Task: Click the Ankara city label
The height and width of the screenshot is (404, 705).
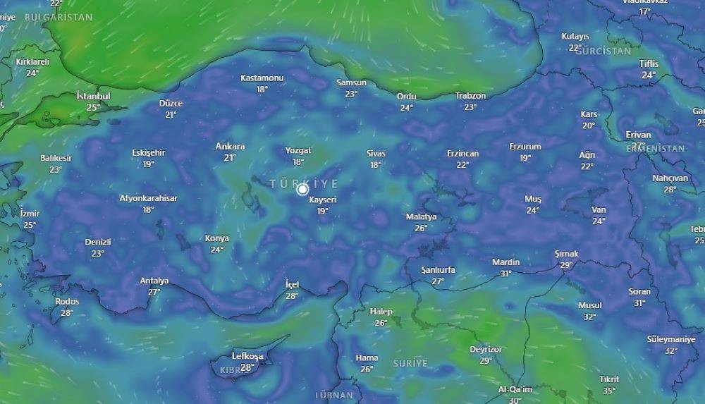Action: pyautogui.click(x=230, y=147)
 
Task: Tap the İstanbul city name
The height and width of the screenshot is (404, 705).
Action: pyautogui.click(x=93, y=96)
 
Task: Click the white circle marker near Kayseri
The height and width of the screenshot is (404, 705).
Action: pyautogui.click(x=303, y=189)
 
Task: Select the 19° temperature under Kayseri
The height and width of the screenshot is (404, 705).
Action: pyautogui.click(x=322, y=211)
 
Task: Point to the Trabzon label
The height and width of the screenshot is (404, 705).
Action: pyautogui.click(x=470, y=96)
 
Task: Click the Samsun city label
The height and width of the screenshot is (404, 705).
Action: pyautogui.click(x=351, y=82)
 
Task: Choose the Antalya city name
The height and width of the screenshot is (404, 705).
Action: pyautogui.click(x=154, y=281)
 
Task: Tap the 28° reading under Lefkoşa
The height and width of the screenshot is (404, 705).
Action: pyautogui.click(x=247, y=367)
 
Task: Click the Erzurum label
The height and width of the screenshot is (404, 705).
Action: pyautogui.click(x=525, y=147)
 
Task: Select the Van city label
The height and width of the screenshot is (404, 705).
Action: pyautogui.click(x=599, y=209)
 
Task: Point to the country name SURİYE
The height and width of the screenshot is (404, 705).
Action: pyautogui.click(x=410, y=363)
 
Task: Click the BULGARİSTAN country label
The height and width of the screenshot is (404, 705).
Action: pyautogui.click(x=58, y=17)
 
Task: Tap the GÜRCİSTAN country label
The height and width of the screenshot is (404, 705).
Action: pyautogui.click(x=603, y=51)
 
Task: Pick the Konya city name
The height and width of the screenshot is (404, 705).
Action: pyautogui.click(x=216, y=238)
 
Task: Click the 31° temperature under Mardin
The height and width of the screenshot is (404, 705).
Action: pyautogui.click(x=505, y=274)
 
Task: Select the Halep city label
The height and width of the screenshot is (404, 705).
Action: pyautogui.click(x=381, y=312)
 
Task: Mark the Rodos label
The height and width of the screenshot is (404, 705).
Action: pyautogui.click(x=67, y=302)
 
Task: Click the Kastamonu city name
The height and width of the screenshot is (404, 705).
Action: pyautogui.click(x=262, y=78)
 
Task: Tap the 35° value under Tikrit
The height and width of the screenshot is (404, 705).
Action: pyautogui.click(x=608, y=391)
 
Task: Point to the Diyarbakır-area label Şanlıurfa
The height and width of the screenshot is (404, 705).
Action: pyautogui.click(x=438, y=270)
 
